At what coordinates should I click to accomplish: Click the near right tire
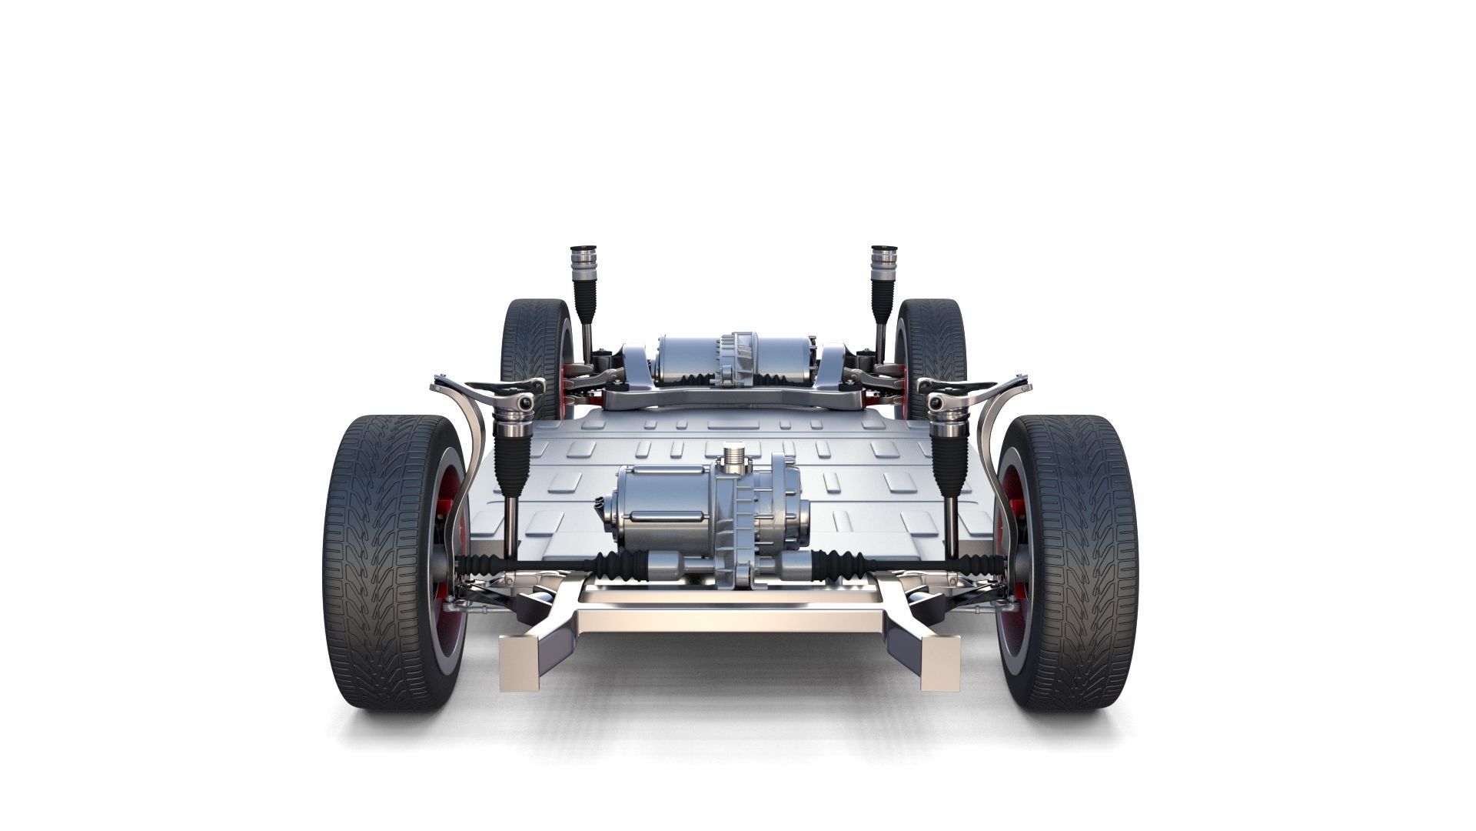(1076, 562)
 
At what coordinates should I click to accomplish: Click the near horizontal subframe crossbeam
(730, 619)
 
